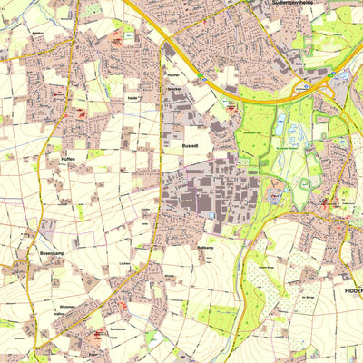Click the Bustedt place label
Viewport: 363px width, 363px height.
pyautogui.click(x=188, y=145)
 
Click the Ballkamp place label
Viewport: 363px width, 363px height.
pyautogui.click(x=205, y=247)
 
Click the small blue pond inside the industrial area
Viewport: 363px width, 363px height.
pyautogui.click(x=211, y=214)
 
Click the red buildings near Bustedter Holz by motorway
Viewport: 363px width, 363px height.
pyautogui.click(x=231, y=106)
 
